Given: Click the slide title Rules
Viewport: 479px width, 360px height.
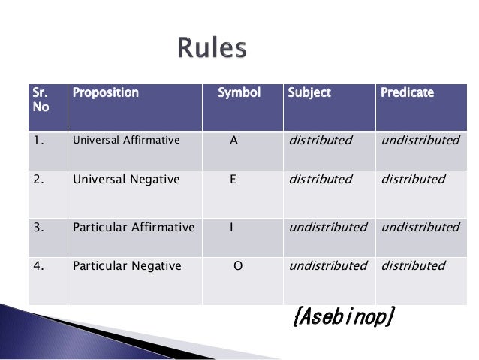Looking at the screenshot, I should click(212, 49).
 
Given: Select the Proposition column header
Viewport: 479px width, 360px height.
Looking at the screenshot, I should click(105, 92).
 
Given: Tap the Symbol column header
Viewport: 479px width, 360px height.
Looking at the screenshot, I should click(239, 92).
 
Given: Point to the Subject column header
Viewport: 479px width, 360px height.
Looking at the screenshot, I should click(309, 92).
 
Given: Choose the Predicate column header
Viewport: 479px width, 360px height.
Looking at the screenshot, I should click(407, 92).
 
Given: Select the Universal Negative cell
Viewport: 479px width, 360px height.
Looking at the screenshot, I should click(125, 180).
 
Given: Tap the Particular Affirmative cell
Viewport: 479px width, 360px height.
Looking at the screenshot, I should click(133, 227).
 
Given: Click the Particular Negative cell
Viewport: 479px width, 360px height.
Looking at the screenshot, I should click(126, 265).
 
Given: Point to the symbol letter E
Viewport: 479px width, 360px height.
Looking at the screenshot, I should click(233, 180).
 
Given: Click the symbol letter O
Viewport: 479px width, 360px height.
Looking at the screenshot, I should click(238, 266).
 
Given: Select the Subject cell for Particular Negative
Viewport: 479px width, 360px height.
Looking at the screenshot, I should click(327, 265).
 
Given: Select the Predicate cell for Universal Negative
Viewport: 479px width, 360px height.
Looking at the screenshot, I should click(413, 180).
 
